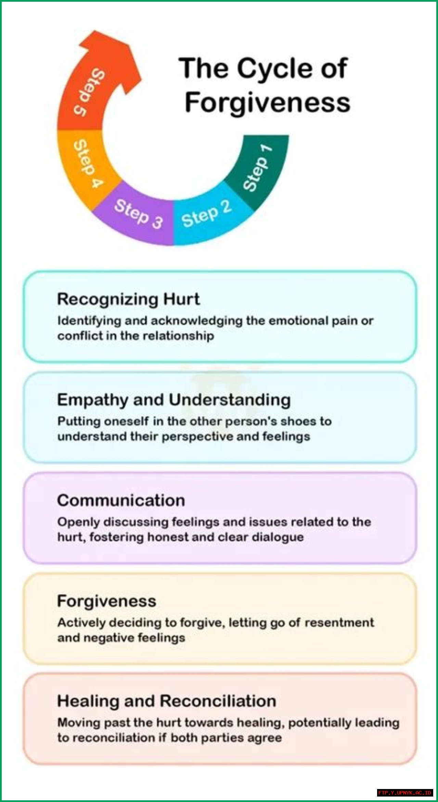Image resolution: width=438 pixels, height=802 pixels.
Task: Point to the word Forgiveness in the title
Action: coord(267,102)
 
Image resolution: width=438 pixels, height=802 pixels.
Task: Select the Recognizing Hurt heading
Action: coord(128,299)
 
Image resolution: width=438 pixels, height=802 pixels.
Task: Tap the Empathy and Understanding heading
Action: coord(174,400)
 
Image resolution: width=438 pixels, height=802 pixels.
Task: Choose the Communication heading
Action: coord(121,500)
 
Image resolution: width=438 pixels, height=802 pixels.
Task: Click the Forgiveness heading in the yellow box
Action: coord(107,601)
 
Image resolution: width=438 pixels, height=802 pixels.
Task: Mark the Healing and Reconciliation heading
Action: coord(167,701)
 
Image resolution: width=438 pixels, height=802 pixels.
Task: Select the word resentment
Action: coord(339,623)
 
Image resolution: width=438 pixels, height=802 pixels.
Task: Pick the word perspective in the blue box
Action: coord(197,437)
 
